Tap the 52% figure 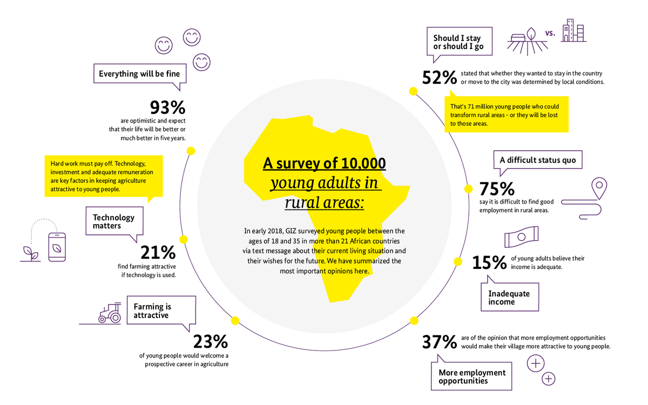coord(440,78)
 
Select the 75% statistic coord(497,188)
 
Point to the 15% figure coord(489,262)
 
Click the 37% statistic coord(440,341)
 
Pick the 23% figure coord(211,341)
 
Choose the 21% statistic coord(158,253)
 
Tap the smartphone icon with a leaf coord(57,247)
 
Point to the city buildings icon coord(573,31)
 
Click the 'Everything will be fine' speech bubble coord(139,73)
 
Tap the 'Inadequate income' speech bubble coord(509,297)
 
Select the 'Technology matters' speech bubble coord(114,221)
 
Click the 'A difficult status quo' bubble coord(538,160)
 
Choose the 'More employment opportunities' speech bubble coord(472,376)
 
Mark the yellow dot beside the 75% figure coord(468,189)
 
